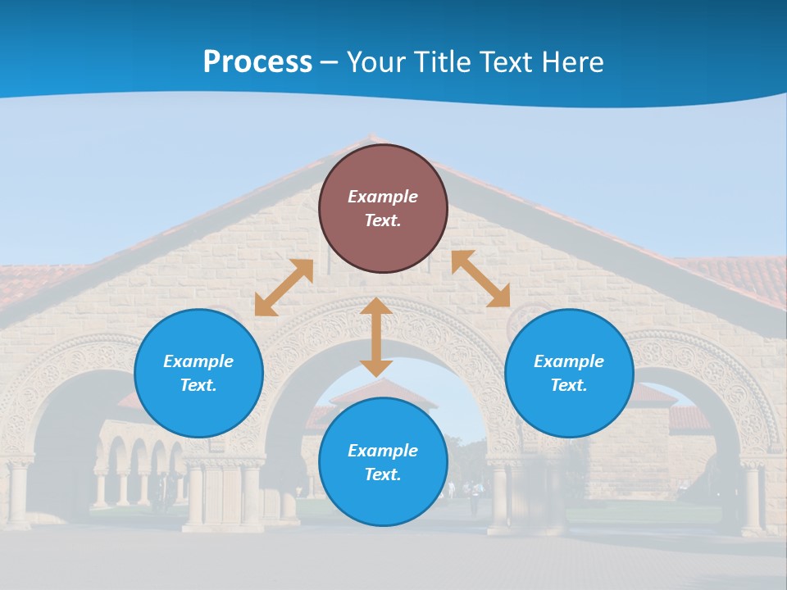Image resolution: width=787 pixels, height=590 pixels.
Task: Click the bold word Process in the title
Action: coord(257,62)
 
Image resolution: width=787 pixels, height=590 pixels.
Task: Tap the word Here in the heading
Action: coord(572,62)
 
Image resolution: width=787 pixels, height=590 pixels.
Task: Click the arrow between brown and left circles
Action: coord(284,288)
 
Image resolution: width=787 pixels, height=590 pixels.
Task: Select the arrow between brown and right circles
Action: coord(481,279)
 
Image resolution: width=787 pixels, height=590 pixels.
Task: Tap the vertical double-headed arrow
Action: coord(376,338)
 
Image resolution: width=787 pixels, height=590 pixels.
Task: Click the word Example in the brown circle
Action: coord(383,197)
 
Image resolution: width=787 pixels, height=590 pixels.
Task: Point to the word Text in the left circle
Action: coord(198,385)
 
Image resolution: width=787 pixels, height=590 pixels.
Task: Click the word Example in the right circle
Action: coord(569,361)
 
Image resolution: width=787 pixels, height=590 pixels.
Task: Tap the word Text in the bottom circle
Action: coord(383,474)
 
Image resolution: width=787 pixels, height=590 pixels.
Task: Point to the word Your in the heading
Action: coord(375,62)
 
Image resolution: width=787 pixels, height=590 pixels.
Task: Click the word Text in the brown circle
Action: coord(383,220)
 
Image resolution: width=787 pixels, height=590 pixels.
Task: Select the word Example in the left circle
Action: coord(198,361)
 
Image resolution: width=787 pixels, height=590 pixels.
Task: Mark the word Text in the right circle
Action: coord(569,385)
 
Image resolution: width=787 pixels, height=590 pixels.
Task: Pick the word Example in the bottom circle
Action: coord(383,451)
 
